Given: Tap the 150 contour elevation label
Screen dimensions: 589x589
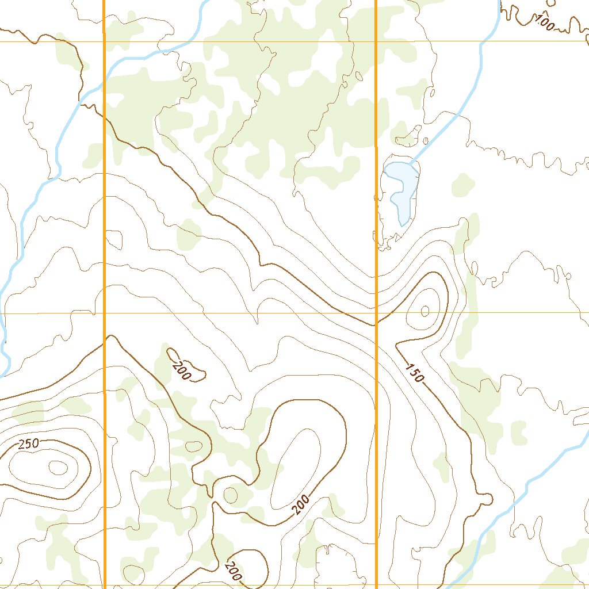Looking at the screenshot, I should [415, 373].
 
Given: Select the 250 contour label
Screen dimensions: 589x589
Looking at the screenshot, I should [28, 443].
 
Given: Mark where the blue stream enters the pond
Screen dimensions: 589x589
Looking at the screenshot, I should [411, 163].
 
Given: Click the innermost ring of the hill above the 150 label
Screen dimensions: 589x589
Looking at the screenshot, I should [425, 311].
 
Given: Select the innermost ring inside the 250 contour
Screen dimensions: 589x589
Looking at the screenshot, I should [58, 468].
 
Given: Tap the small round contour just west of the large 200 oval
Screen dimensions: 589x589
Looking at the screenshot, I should [230, 494].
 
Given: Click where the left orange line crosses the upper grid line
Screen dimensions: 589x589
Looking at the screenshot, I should [104, 41].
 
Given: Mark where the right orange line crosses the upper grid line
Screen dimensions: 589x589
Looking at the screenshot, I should [376, 41].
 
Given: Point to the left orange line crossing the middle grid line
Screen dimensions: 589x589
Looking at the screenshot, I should [105, 313].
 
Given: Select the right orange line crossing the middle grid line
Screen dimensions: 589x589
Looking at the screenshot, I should [376, 313].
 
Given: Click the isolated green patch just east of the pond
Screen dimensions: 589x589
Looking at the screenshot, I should [462, 185].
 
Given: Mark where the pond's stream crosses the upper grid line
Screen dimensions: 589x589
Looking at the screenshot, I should [484, 41].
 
